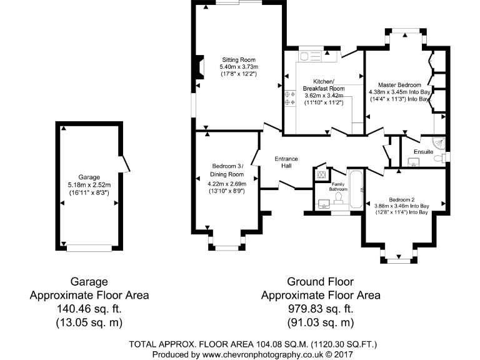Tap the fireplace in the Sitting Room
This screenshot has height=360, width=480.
pyautogui.click(x=199, y=68)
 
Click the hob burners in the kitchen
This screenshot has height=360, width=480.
pyautogui.click(x=289, y=98)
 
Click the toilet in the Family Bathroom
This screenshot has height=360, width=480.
pyautogui.click(x=339, y=198)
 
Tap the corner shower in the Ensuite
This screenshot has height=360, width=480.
pyautogui.click(x=441, y=142)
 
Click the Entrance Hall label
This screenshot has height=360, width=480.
pyautogui.click(x=286, y=162)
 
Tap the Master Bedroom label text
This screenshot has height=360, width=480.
pyautogui.click(x=399, y=84)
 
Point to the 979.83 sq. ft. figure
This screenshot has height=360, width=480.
pyautogui.click(x=320, y=309)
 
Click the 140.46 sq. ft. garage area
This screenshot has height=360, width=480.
pyautogui.click(x=89, y=309)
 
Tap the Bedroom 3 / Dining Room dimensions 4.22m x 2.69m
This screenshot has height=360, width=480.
pyautogui.click(x=226, y=184)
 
